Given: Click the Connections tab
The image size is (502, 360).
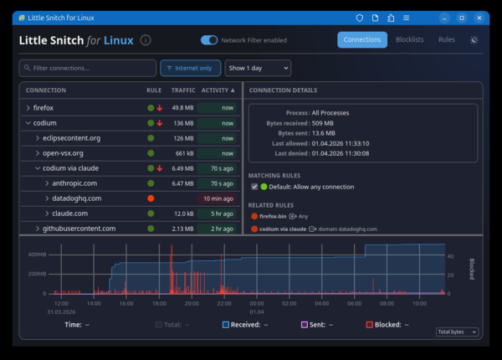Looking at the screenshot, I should (362, 39).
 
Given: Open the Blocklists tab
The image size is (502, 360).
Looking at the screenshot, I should (409, 39).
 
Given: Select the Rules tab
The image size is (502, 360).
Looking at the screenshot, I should (447, 39).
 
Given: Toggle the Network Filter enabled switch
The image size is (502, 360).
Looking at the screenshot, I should (209, 39).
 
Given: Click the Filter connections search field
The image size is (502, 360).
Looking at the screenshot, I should (88, 68).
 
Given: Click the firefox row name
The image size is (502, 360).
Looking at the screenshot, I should (43, 107).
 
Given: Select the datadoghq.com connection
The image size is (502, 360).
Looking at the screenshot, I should (76, 198).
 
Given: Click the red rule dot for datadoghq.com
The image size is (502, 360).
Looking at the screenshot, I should (151, 198).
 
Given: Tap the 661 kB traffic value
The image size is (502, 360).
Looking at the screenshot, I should (184, 153).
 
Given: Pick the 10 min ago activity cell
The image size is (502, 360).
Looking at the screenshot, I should (217, 198).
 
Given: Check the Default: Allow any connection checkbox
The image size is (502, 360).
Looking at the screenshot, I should (254, 187).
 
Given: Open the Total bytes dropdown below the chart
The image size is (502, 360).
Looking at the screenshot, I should (457, 332).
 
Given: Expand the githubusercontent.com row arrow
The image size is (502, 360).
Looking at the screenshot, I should (38, 229).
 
